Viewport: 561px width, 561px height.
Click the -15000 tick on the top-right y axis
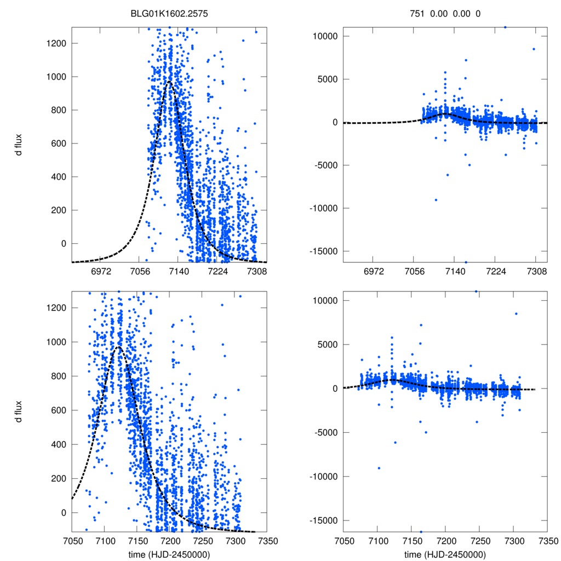coord(323,251)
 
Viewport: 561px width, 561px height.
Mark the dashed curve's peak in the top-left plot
coord(170,82)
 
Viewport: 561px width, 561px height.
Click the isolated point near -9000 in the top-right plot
coord(436,199)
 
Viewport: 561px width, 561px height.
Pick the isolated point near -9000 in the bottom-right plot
coord(379,468)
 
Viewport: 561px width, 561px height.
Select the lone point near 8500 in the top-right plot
coord(534,49)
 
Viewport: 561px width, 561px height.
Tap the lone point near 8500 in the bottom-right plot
coord(516,314)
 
